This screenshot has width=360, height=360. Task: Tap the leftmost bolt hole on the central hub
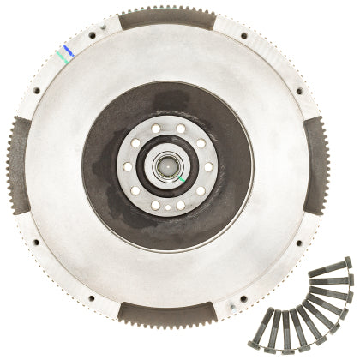coord(127,165)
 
